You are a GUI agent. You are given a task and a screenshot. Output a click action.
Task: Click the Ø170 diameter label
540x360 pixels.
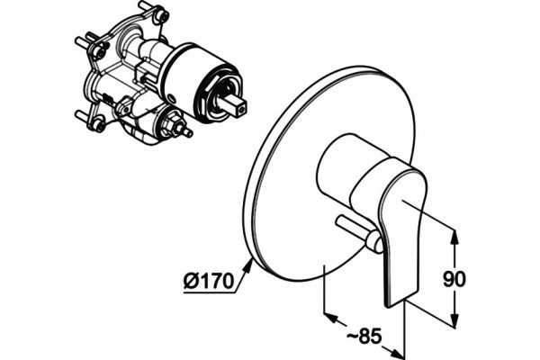click(209, 281)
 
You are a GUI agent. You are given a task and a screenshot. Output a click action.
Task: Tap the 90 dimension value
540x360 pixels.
click(454, 279)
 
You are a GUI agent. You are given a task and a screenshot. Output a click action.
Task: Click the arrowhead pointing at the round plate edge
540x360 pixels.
click(248, 266)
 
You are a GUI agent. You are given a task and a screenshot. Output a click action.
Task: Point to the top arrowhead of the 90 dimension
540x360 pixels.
click(454, 238)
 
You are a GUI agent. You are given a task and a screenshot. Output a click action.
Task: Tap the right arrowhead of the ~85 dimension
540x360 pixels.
click(395, 352)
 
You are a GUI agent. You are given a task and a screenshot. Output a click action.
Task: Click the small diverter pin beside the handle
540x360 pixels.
click(359, 234)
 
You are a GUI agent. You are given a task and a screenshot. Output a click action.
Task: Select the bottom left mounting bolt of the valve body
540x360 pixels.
click(91, 120)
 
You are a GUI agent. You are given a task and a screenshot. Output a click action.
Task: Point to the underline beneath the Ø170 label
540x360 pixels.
click(209, 292)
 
